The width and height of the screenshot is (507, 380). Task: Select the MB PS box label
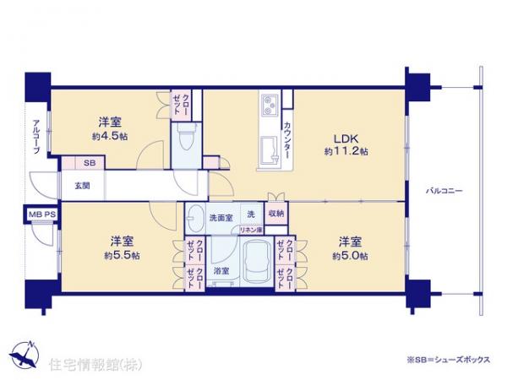[43, 214]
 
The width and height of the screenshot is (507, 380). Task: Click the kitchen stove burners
[269, 106]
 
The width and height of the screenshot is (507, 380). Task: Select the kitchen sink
[272, 149]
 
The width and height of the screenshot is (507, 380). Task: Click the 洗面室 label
[221, 218]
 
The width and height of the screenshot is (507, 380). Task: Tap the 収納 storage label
[275, 214]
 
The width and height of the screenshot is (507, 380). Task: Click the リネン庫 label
[251, 230]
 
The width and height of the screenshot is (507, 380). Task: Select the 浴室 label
[221, 271]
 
